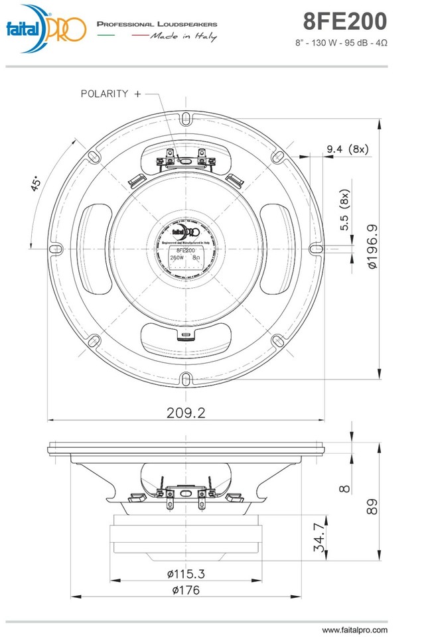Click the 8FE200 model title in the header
coord(344,22)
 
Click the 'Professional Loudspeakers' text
coord(157,24)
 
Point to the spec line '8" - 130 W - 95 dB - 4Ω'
coord(340,43)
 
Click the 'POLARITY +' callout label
coord(111,94)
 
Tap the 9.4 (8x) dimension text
coord(347,149)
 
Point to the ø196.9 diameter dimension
coord(372,246)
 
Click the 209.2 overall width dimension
coord(185,412)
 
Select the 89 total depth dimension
coord(373,507)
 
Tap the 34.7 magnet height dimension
coord(321,537)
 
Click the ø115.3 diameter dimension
coord(185,573)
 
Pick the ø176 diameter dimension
coord(185,589)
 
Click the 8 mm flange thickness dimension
coord(344,488)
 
